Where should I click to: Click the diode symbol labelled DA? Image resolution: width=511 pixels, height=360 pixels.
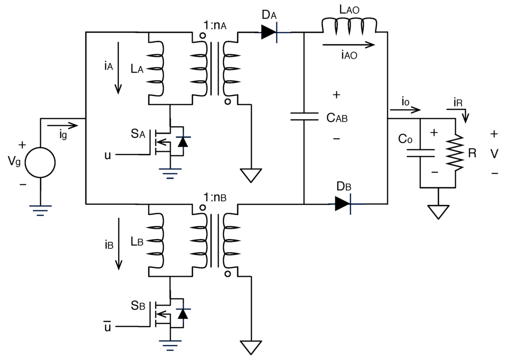coord(269,32)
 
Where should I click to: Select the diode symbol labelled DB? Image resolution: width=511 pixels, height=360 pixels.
coord(343,204)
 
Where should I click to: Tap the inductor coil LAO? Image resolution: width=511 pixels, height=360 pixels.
coord(349,26)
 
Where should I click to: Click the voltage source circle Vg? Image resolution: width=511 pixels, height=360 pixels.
coord(40,162)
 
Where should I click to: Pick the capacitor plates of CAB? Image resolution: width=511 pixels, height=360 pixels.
coord(304,117)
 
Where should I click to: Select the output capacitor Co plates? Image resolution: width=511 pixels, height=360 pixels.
coord(420,153)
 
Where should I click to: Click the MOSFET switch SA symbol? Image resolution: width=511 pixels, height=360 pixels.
coord(170,140)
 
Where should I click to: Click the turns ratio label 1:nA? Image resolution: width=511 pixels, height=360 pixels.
coord(215,25)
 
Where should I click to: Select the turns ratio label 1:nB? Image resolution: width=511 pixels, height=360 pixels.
coord(215,197)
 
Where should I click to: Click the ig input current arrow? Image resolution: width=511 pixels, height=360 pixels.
coord(62,125)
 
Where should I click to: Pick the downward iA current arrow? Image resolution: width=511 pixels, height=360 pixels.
coord(118,68)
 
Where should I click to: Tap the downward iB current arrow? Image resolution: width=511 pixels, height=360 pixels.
coord(119,244)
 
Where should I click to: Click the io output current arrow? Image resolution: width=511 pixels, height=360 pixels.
coord(405,110)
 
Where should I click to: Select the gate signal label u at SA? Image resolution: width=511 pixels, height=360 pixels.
coord(108,155)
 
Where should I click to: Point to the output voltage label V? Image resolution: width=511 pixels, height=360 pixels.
coord(494,153)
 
